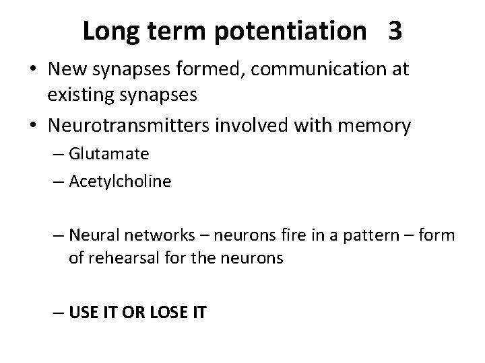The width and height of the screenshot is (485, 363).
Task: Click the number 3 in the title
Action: [395, 32]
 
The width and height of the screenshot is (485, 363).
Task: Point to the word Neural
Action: [90, 236]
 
